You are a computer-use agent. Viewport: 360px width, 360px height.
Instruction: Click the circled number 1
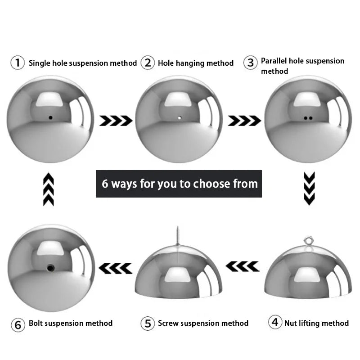click(x=18, y=63)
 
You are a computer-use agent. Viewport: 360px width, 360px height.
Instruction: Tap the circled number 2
click(x=148, y=63)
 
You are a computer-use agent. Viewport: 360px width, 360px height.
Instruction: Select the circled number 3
click(x=251, y=63)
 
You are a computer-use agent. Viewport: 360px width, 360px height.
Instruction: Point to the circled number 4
click(x=275, y=322)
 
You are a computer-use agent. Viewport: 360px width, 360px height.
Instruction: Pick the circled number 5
click(x=148, y=323)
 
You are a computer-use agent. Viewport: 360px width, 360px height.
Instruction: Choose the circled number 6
click(x=18, y=324)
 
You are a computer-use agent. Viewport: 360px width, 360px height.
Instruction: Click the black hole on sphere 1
click(x=50, y=118)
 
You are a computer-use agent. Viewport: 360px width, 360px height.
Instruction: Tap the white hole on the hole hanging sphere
click(x=179, y=118)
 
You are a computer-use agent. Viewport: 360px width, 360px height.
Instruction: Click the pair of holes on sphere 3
click(x=308, y=118)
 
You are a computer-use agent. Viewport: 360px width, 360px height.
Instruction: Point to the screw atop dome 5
click(x=178, y=235)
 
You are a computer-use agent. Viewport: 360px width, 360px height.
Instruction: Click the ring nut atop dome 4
click(x=308, y=241)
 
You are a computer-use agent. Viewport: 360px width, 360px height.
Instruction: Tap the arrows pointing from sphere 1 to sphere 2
click(x=116, y=120)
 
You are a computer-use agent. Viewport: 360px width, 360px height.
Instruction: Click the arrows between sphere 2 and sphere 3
click(x=244, y=120)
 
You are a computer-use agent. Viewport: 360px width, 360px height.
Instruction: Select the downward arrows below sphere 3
click(x=309, y=188)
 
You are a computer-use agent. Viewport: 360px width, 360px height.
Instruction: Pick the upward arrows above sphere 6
click(x=49, y=189)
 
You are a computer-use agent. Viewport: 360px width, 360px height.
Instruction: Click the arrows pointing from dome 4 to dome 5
click(x=242, y=266)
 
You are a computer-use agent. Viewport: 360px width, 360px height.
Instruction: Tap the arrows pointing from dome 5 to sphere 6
click(x=115, y=268)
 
